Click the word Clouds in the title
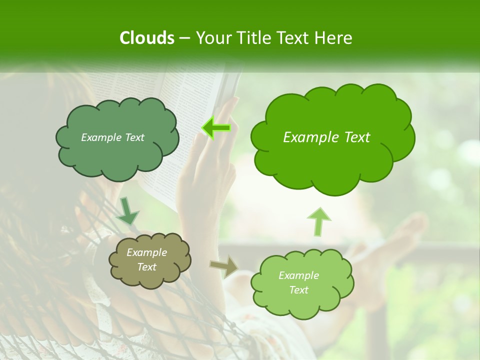(x=146, y=38)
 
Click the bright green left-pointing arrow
(x=216, y=128)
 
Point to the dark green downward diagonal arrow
(x=127, y=212)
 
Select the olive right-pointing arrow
(x=224, y=266)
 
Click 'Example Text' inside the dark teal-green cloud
(x=112, y=137)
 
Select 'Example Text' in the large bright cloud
(x=326, y=137)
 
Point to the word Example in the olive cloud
(x=146, y=252)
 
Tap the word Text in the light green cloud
(x=298, y=290)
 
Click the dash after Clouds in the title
(x=184, y=38)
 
